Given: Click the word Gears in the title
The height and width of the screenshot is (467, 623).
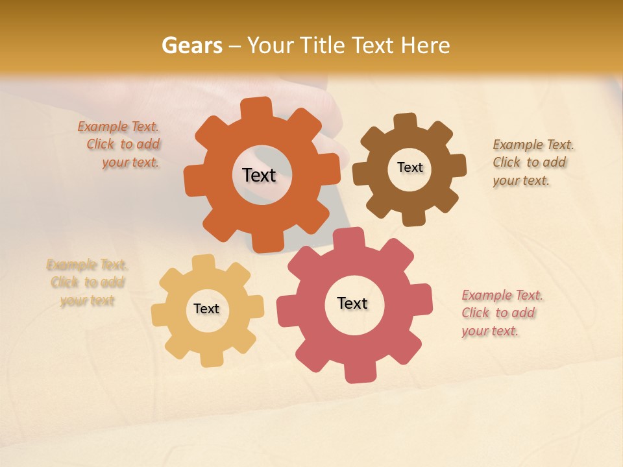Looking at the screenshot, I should click(x=191, y=45).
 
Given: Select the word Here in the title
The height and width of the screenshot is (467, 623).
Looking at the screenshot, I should click(x=425, y=45).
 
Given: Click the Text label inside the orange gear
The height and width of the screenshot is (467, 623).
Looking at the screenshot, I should click(x=259, y=175).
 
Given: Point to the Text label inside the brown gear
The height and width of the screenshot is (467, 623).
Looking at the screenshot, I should click(x=409, y=167).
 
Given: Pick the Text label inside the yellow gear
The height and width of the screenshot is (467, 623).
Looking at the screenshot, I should click(x=206, y=309).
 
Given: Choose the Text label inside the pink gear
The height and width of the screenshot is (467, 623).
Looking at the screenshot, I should click(x=352, y=303).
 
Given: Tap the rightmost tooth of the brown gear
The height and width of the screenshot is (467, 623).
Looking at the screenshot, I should click(x=456, y=165).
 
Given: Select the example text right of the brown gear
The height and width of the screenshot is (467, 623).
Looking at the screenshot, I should click(x=530, y=162).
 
